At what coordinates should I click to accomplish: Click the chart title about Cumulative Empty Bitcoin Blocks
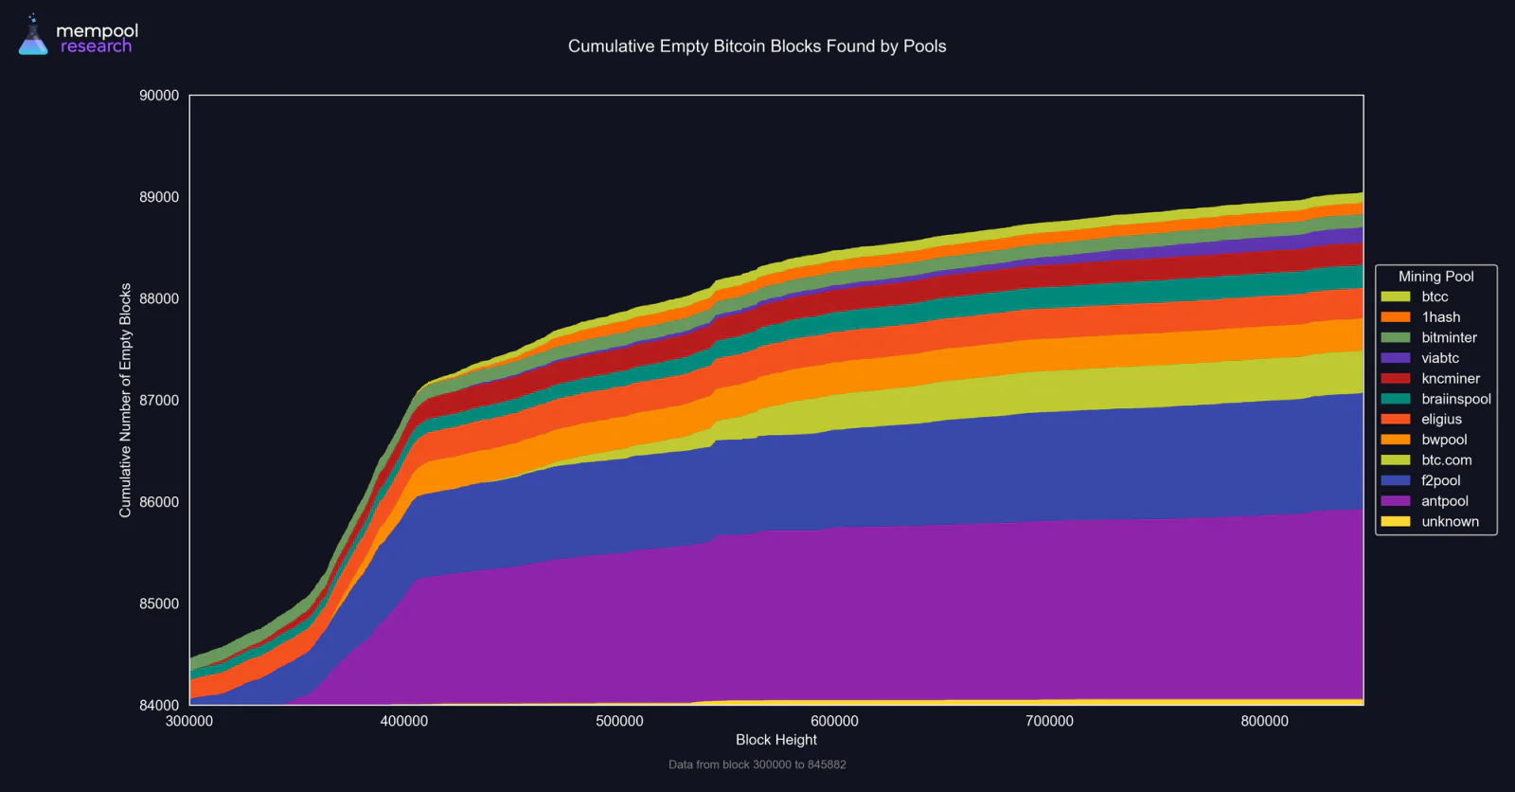coord(757,46)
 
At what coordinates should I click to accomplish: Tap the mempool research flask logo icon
coord(33,34)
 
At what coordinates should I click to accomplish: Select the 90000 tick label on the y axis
coord(159,96)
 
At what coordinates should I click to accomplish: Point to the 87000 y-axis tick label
coord(159,400)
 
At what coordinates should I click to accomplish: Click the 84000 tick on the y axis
coord(159,705)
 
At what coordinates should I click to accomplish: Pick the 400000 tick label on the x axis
coord(403,721)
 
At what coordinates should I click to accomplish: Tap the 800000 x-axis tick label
coord(1264,721)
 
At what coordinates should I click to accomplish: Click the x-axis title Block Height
coord(775,740)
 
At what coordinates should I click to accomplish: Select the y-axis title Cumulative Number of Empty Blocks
coord(125,400)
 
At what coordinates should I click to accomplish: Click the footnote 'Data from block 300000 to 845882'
coord(757,765)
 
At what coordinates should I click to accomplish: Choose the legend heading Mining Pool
coord(1435,277)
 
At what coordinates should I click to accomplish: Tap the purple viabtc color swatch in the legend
coord(1396,358)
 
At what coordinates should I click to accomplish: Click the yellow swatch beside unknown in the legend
coord(1396,522)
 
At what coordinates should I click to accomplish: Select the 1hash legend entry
coord(1420,316)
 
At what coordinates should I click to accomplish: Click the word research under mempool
coord(96,46)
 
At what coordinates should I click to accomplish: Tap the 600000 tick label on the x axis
coord(834,721)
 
